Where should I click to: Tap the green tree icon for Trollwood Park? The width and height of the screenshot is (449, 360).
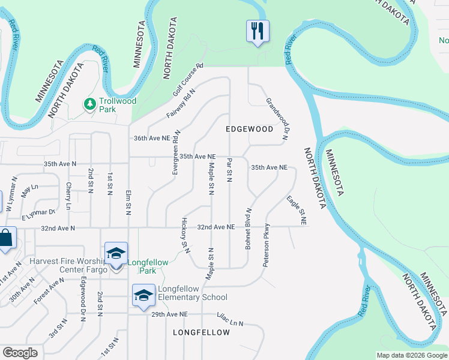[90, 105]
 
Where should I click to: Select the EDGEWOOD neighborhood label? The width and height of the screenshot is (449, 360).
[249, 129]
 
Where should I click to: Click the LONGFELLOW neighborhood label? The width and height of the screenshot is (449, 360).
[201, 332]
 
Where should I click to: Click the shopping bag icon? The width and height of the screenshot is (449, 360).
[5, 238]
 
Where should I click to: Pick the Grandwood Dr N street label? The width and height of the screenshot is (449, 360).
[277, 119]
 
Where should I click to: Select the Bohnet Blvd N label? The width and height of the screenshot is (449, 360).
[247, 229]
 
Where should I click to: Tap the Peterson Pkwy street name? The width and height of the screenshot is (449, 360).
[266, 245]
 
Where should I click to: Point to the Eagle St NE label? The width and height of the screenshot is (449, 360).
[297, 210]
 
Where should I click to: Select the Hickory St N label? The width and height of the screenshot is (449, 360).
[185, 235]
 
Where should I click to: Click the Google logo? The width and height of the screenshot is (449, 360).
[20, 353]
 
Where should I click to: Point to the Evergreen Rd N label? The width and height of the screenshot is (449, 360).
[175, 152]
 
